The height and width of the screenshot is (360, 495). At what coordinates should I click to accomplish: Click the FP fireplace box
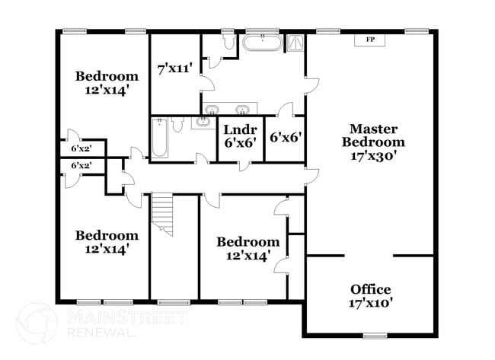[371, 40]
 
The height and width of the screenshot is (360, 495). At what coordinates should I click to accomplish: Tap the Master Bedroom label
[372, 142]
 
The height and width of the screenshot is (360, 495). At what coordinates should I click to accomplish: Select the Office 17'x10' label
[371, 296]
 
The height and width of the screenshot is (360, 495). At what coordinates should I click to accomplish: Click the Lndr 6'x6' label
[240, 135]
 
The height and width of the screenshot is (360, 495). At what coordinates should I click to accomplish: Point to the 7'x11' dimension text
[174, 69]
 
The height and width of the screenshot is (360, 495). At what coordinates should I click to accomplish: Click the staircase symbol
[162, 214]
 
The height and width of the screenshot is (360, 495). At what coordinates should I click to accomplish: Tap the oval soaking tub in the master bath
[263, 42]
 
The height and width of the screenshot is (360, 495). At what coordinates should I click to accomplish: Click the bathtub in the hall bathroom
[159, 139]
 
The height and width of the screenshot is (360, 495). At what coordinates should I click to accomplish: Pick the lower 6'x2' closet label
[81, 165]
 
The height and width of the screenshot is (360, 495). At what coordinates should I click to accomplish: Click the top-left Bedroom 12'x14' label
[107, 82]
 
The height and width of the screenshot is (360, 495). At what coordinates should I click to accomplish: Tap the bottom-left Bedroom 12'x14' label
[107, 241]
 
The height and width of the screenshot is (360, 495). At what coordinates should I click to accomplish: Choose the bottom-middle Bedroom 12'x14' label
[243, 249]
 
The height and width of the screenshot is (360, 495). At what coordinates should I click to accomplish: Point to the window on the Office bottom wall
[374, 336]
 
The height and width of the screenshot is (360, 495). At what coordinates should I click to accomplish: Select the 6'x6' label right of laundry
[286, 138]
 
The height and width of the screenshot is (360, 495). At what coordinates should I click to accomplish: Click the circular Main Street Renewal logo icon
[37, 323]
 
